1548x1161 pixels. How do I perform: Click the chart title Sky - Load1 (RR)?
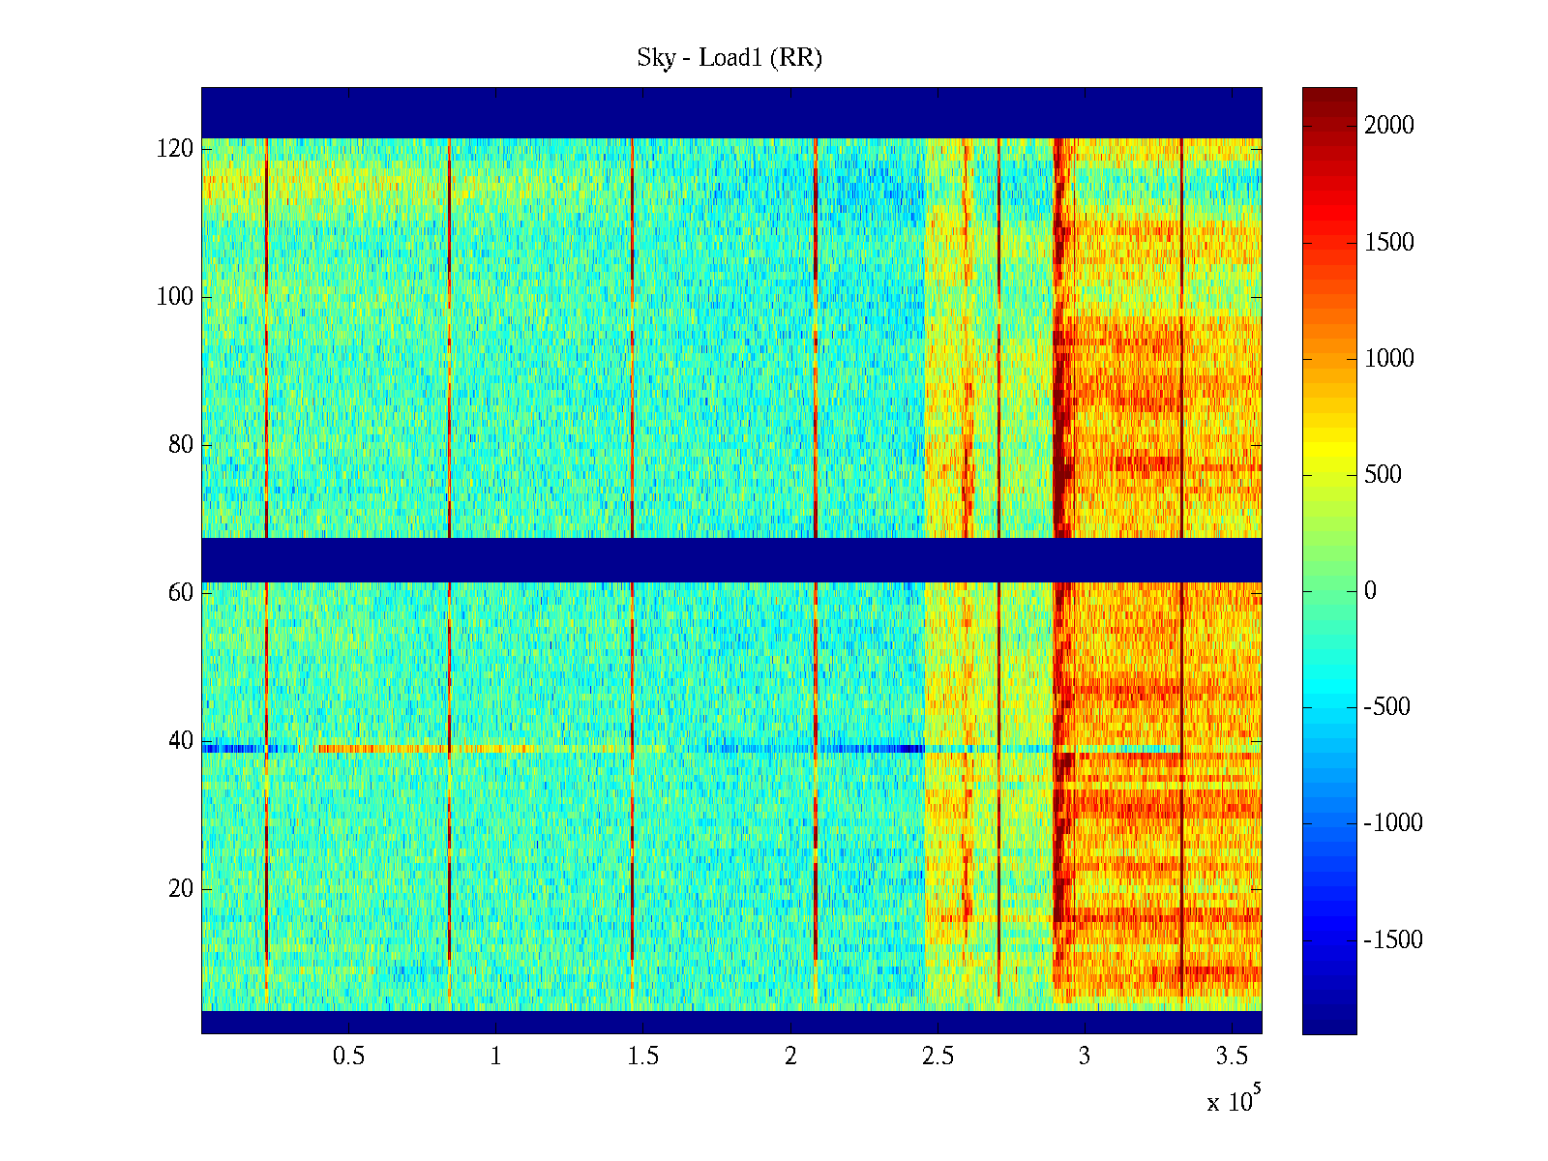[729, 58]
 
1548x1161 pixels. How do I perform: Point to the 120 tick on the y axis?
[175, 149]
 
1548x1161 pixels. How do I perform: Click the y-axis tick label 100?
[175, 297]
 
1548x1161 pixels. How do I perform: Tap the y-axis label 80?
[181, 445]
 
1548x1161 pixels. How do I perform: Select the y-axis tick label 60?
[181, 593]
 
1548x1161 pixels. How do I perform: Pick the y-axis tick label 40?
[181, 741]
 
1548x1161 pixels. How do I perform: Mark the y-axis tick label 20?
[181, 889]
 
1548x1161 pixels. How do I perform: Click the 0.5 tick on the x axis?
[348, 1057]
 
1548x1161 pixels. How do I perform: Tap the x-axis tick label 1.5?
[643, 1057]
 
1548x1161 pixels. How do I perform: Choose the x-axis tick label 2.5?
[938, 1057]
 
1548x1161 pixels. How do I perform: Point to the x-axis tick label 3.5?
[1232, 1057]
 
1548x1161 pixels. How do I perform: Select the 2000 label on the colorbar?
[1389, 126]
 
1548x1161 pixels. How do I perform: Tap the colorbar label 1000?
[1389, 359]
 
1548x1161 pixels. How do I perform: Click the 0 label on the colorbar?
[1370, 591]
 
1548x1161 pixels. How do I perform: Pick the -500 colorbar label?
[1393, 707]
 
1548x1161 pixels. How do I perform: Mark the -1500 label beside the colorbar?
[1393, 940]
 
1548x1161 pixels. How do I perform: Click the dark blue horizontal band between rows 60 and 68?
[731, 560]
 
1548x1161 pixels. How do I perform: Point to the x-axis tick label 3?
[1085, 1057]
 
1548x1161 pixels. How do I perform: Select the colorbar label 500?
[1383, 475]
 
